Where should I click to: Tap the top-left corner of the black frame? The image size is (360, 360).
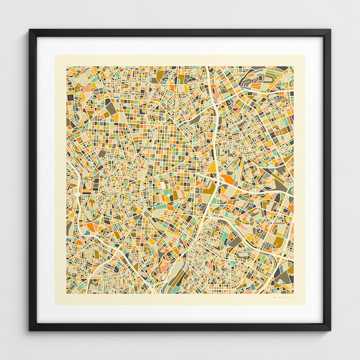pyautogui.click(x=28, y=28)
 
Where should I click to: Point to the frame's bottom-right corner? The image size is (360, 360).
pyautogui.click(x=332, y=332)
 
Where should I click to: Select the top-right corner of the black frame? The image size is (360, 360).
pyautogui.click(x=332, y=28)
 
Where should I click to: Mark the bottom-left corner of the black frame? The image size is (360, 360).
pyautogui.click(x=28, y=332)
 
